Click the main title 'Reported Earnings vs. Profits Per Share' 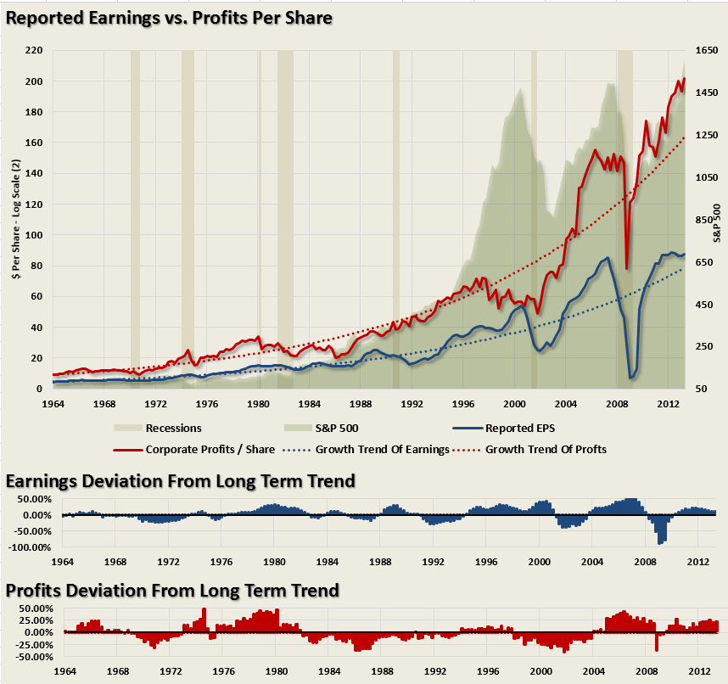(x=168, y=17)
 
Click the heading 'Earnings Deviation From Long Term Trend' (x=180, y=482)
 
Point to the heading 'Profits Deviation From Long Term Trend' (x=172, y=591)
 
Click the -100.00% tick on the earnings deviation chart (x=31, y=547)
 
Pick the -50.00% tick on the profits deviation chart (x=35, y=657)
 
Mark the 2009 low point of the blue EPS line (x=631, y=377)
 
